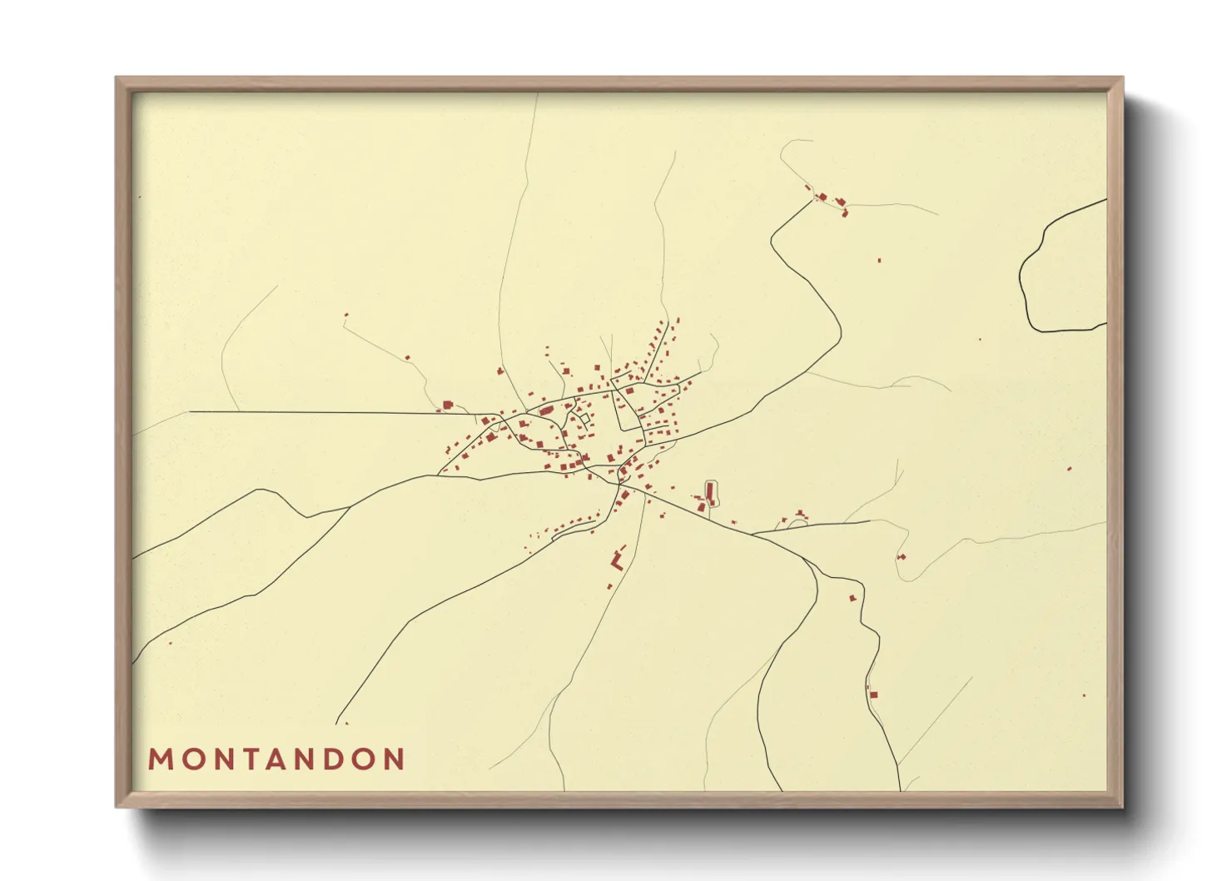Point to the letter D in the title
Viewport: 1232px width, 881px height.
tap(335, 759)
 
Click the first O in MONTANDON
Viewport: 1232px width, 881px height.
tap(189, 759)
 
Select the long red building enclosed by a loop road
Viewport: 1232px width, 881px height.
tap(710, 493)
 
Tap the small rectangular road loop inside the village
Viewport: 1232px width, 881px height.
tap(584, 418)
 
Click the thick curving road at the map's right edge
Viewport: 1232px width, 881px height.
tap(1029, 275)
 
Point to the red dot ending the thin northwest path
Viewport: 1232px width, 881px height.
tap(346, 315)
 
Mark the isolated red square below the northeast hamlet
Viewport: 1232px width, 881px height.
tap(879, 261)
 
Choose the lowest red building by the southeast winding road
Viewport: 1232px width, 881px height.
tap(873, 694)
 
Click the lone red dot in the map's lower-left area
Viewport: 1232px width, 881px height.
tap(171, 643)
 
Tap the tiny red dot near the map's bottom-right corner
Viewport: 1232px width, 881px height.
tap(1084, 695)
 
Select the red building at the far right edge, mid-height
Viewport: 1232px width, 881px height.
tap(1070, 469)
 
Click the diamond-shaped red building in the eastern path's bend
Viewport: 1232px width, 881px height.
tap(901, 556)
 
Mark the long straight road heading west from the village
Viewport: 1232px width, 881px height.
tap(316, 412)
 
